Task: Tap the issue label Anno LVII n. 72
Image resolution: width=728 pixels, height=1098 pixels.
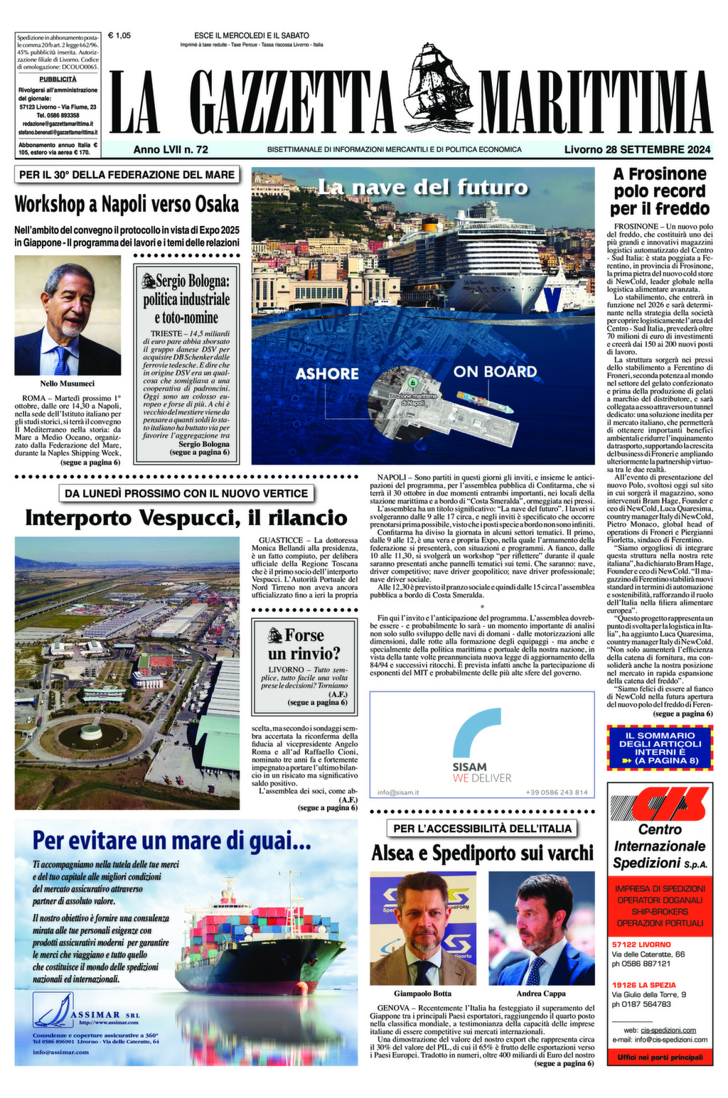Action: pos(171,149)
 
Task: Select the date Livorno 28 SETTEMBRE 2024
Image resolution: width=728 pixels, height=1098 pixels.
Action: pos(637,149)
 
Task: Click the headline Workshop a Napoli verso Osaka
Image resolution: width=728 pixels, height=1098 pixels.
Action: pos(127,204)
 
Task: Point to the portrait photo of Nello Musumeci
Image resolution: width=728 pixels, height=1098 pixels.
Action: pos(68,315)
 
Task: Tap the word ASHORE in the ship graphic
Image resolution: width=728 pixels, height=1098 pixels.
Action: pos(327,373)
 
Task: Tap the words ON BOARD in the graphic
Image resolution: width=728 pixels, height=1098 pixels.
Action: pos(495,371)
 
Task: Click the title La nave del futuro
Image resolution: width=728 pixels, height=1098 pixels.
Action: pos(422,188)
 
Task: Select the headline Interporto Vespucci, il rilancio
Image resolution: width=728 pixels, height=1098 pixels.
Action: pos(186,517)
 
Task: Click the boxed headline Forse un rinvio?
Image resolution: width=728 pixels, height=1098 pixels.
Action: pos(304,644)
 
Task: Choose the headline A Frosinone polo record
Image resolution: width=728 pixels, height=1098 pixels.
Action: pos(659,190)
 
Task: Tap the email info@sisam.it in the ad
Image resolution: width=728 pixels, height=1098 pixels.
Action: pos(398,792)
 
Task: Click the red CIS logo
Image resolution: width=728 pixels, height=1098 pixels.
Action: pos(659,803)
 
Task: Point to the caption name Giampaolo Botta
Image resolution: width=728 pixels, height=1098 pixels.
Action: pos(422,994)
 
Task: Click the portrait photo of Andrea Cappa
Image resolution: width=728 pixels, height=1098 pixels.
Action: pos(541,927)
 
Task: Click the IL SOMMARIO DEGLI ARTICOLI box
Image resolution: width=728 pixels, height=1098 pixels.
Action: pos(659,748)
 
